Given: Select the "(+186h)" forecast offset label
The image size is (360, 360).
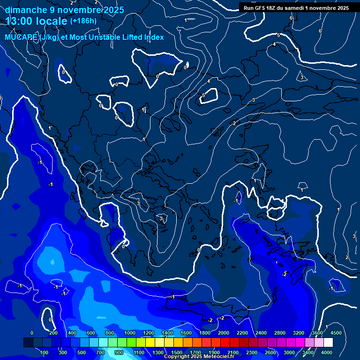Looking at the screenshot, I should tap(83, 21).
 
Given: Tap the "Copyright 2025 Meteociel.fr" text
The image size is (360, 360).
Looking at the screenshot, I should tap(198, 357).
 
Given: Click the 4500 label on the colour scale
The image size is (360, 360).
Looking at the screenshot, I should tap(336, 333).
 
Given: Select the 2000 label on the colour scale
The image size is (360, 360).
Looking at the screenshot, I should tap(224, 333).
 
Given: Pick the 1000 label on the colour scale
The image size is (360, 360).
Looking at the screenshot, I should tap(130, 333).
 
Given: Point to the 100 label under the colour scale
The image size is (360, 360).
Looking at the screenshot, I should tap(44, 352).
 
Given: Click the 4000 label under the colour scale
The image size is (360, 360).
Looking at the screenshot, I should tap(327, 352).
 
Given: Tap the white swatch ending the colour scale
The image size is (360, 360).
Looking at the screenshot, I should tap(328, 343).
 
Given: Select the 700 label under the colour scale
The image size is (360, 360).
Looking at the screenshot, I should tap(100, 352).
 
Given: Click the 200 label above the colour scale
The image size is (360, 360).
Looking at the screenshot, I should tap(53, 333).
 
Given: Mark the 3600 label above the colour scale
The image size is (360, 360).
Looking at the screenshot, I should tap(317, 333).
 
